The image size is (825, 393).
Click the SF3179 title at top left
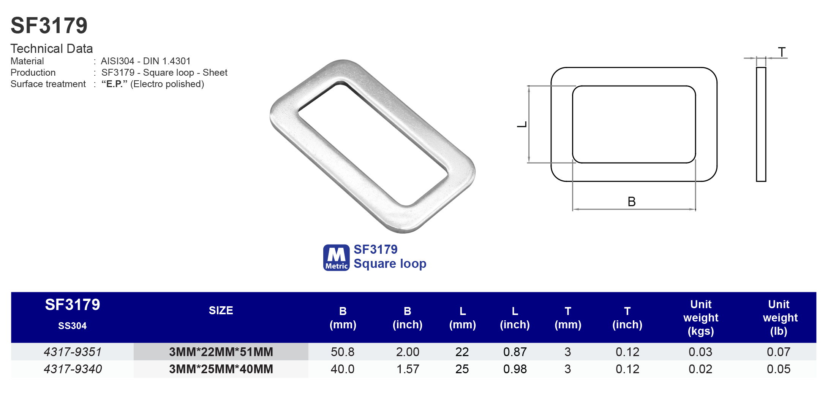point(49,25)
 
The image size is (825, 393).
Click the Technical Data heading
point(52,49)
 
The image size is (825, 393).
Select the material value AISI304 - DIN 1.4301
point(145,61)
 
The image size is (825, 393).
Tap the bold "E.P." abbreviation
point(114,84)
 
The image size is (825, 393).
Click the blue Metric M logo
point(336,258)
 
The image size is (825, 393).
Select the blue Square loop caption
point(390,264)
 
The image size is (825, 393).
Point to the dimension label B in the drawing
point(631,202)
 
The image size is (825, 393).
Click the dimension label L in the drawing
point(522,124)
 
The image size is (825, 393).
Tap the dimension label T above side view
point(781,52)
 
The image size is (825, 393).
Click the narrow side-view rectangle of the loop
point(761,124)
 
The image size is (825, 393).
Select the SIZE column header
point(221,310)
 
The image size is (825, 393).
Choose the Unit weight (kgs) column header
point(700,318)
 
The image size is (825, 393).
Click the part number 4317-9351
point(73,352)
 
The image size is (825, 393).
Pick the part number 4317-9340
point(73,369)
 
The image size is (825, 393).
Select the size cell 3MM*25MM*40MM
point(221,369)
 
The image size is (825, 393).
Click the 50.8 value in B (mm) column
point(342,352)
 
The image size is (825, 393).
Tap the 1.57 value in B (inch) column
point(407,369)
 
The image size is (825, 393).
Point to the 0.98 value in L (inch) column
point(515,369)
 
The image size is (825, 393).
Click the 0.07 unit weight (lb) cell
point(778,352)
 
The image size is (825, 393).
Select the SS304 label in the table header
point(72,326)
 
